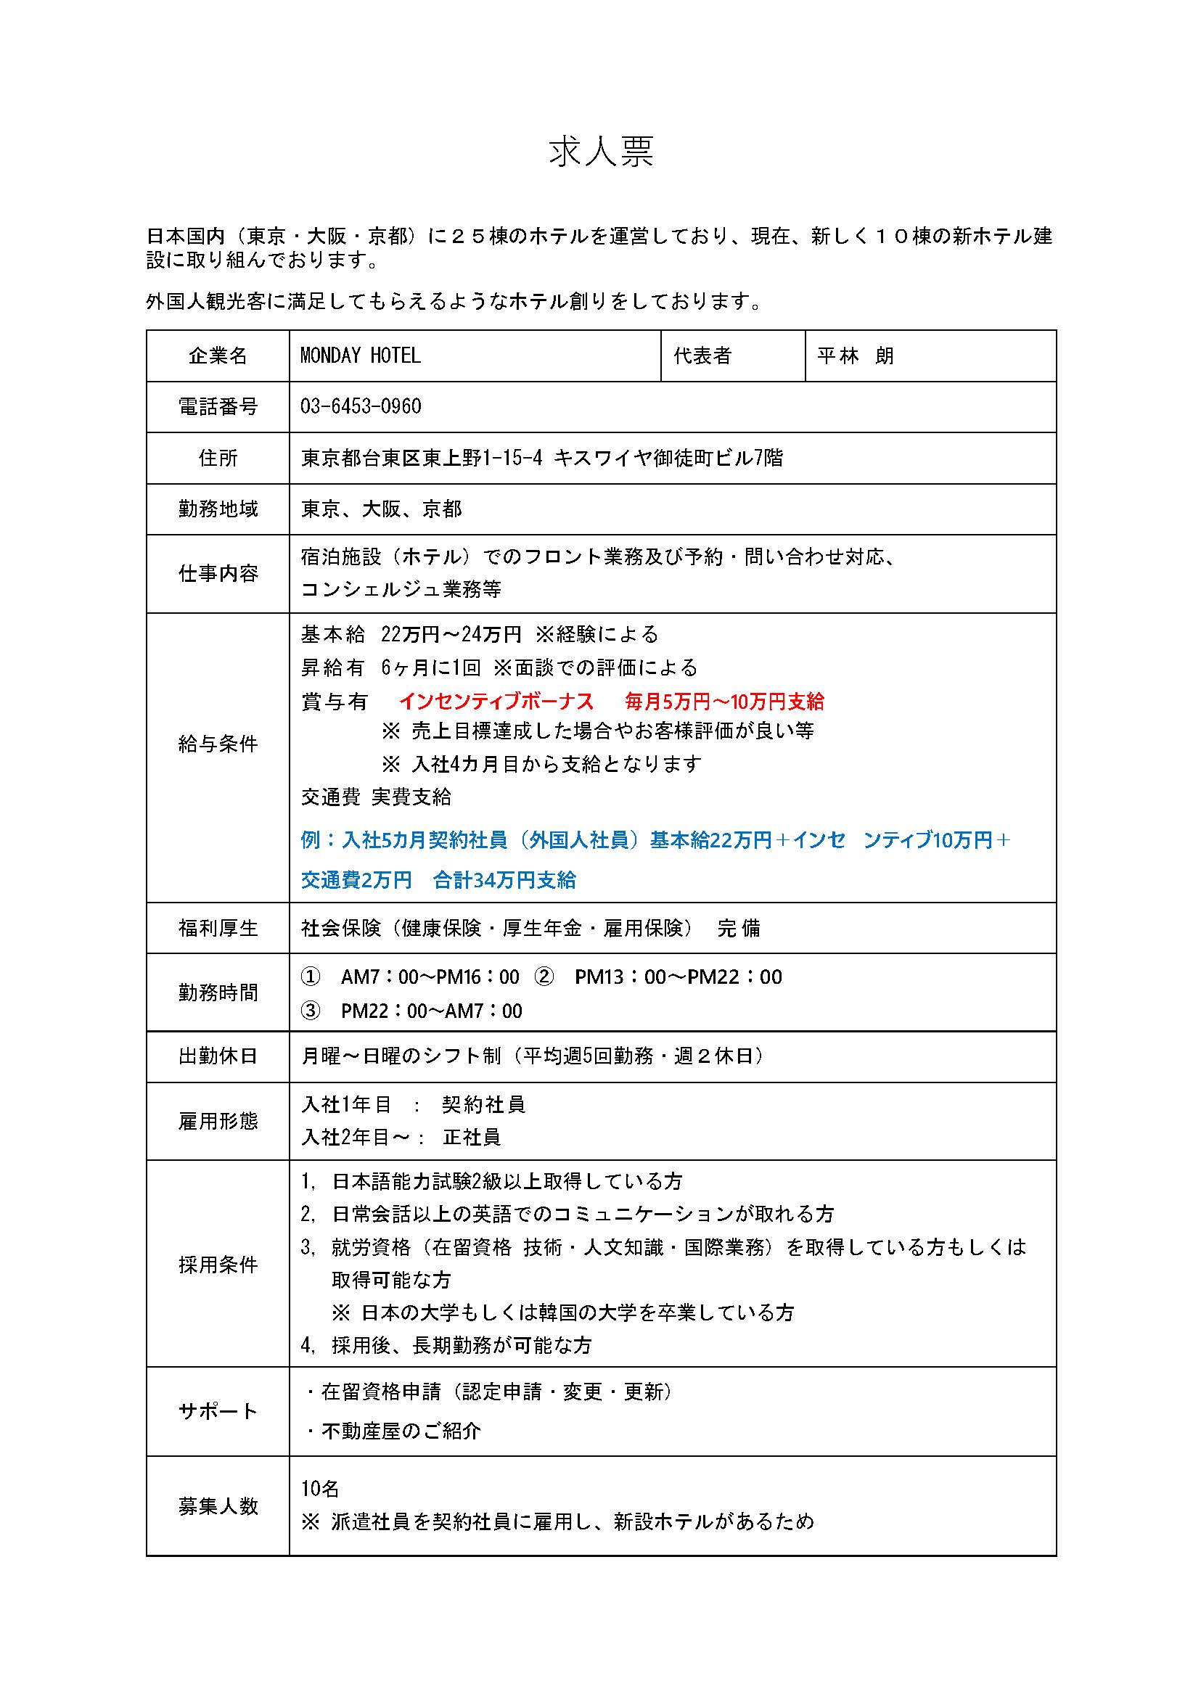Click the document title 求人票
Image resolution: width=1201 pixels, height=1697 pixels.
click(x=601, y=152)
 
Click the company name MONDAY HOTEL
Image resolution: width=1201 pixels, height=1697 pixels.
click(x=360, y=356)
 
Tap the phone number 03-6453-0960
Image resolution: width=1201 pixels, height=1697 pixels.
click(x=360, y=407)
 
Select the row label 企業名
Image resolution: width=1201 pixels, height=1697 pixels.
click(x=218, y=356)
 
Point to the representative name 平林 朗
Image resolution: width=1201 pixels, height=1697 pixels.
click(x=855, y=356)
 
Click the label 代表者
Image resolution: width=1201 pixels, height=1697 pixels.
click(x=702, y=356)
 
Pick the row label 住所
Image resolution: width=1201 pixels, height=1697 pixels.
click(x=218, y=459)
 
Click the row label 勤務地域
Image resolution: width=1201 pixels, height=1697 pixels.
click(x=218, y=509)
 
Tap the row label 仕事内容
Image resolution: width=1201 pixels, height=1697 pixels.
click(x=218, y=574)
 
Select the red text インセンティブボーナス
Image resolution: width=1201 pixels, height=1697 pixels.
click(x=496, y=701)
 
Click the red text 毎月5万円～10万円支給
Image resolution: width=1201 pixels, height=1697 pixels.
click(x=724, y=701)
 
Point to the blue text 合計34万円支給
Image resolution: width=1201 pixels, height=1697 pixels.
click(x=504, y=880)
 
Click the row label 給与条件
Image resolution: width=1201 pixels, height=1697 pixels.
click(x=218, y=744)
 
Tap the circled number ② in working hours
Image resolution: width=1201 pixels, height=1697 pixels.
click(x=544, y=977)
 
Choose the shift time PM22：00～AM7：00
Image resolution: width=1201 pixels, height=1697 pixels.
click(x=431, y=1011)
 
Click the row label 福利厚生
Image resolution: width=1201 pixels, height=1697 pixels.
click(x=218, y=928)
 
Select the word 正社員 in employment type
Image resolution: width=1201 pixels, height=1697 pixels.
click(x=472, y=1137)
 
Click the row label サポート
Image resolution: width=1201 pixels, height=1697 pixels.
click(x=218, y=1412)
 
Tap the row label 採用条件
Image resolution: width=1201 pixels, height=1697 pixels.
click(x=218, y=1265)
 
